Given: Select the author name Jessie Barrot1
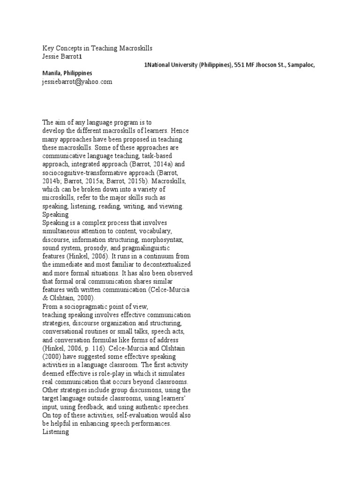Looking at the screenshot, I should tap(62, 57).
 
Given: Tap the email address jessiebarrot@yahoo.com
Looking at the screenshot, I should tap(77, 82).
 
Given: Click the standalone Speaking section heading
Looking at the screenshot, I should tap(55, 214).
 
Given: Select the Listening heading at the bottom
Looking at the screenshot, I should tap(55, 432).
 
